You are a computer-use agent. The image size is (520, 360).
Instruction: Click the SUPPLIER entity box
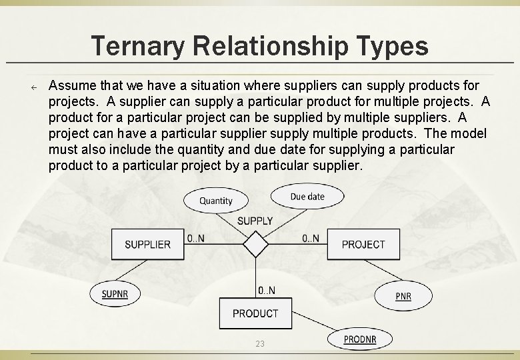[147, 244]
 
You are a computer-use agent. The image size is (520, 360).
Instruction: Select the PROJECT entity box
[363, 244]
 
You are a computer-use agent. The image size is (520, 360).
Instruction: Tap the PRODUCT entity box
[255, 313]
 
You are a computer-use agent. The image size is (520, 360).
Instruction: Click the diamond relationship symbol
[255, 244]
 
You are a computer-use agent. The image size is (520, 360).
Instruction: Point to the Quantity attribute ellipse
[215, 200]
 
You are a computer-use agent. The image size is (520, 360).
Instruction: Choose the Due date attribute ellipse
[307, 196]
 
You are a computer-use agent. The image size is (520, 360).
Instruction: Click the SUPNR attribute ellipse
[115, 293]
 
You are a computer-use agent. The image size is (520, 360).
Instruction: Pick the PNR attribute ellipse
[403, 295]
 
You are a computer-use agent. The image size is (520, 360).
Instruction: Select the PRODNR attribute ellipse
[360, 339]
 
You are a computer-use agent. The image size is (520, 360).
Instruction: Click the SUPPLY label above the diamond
[255, 221]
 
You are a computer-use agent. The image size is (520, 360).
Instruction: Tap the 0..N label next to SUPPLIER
[195, 238]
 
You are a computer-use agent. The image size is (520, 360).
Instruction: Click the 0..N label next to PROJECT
[311, 238]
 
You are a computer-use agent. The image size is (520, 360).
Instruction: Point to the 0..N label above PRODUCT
[267, 290]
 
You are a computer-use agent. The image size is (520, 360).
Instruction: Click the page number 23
[260, 343]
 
